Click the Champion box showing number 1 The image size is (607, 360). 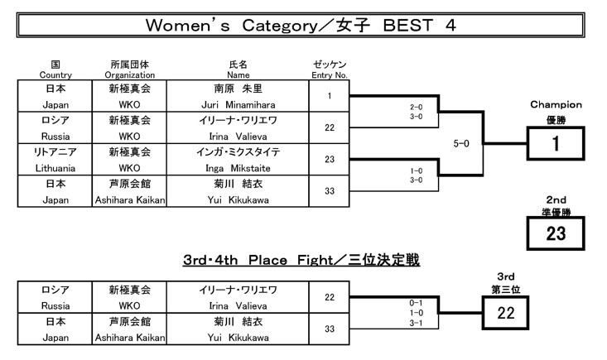pos(556,143)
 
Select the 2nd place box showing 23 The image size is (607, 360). pos(556,233)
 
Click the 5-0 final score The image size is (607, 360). pos(461,143)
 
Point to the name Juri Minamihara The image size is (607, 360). pos(238,105)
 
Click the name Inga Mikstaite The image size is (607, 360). pos(238,167)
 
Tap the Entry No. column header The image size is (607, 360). pos(330,70)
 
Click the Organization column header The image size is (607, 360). pos(130,70)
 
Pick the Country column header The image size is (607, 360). pos(55,70)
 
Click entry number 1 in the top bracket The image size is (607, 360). pos(330,96)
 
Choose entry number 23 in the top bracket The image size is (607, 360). pos(330,159)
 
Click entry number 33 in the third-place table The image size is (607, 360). pos(330,329)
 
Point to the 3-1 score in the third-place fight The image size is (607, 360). pos(417,323)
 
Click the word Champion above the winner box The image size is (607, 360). pos(556,105)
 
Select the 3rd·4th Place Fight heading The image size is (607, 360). pos(301,261)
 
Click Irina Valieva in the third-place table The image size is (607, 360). pos(238,305)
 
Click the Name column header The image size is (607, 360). pos(238,70)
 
